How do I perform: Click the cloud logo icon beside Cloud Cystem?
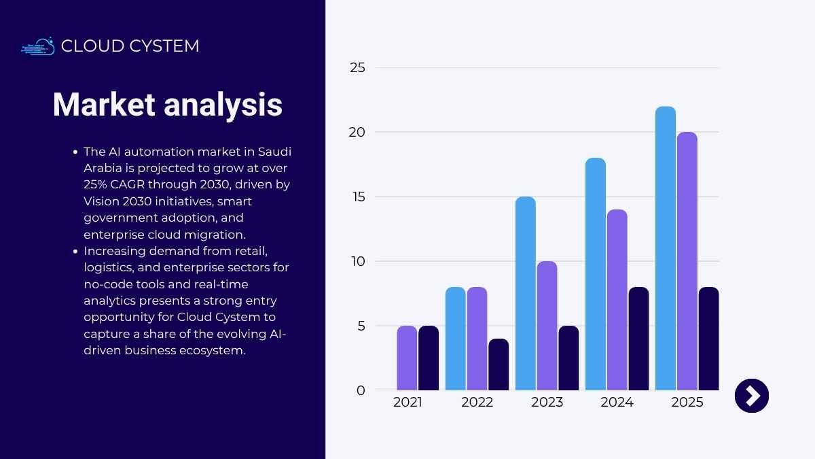(38, 46)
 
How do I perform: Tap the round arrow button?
(752, 396)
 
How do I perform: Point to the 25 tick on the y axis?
(357, 68)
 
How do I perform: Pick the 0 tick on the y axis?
(361, 390)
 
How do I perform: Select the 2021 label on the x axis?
(407, 403)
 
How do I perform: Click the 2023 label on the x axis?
(547, 403)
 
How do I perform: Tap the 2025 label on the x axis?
(687, 403)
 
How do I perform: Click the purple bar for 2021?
(407, 358)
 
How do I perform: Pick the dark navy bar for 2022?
(499, 364)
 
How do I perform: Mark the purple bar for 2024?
(617, 300)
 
